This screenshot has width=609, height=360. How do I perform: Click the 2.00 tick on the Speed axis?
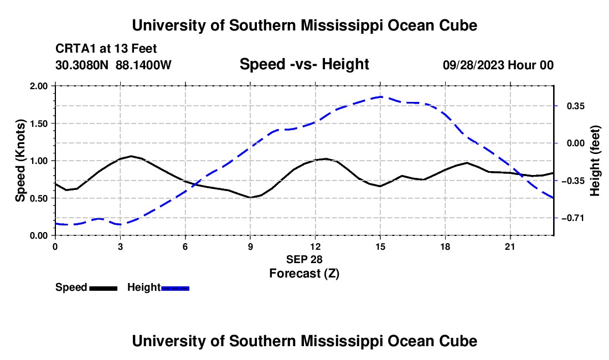pos(38,86)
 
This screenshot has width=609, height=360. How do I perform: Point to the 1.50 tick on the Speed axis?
pos(38,124)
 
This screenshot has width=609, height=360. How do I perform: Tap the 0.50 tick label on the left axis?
pos(38,198)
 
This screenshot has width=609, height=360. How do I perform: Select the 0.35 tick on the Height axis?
pos(576,106)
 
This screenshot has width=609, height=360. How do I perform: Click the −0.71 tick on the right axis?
pos(573,218)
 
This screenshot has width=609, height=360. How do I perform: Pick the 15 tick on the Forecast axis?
pos(380,246)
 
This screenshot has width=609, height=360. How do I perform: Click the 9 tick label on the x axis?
pos(250,246)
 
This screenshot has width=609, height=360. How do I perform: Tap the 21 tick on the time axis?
pos(510,246)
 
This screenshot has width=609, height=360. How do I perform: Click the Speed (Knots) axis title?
pos(20,161)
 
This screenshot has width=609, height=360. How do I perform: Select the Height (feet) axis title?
pos(595,161)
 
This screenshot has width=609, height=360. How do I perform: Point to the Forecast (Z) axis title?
pos(304,274)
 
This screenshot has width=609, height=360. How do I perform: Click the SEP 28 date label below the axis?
pos(304,259)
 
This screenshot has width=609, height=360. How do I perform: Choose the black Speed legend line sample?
pos(104,289)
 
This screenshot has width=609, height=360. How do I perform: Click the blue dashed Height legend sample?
pos(175,289)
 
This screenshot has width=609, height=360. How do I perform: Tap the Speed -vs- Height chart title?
pos(304,64)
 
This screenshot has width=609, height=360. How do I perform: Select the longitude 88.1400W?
pos(143,65)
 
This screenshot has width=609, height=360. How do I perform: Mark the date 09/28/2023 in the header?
pos(474,65)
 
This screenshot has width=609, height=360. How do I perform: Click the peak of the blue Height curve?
pos(381,97)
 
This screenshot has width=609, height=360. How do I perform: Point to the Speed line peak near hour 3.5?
pos(131,156)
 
